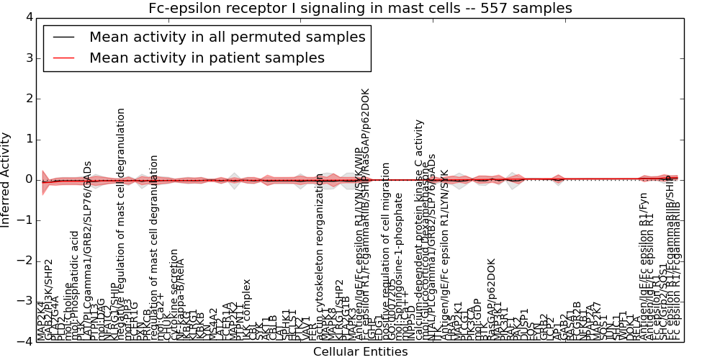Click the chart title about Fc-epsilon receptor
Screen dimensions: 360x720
pyautogui.click(x=360, y=9)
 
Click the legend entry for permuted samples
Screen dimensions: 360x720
pyautogui.click(x=227, y=37)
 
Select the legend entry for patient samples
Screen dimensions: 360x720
pyautogui.click(x=207, y=58)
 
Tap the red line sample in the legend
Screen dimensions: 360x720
pyautogui.click(x=64, y=58)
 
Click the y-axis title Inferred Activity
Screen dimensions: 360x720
pyautogui.click(x=6, y=179)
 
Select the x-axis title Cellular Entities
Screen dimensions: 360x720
pyautogui.click(x=360, y=352)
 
